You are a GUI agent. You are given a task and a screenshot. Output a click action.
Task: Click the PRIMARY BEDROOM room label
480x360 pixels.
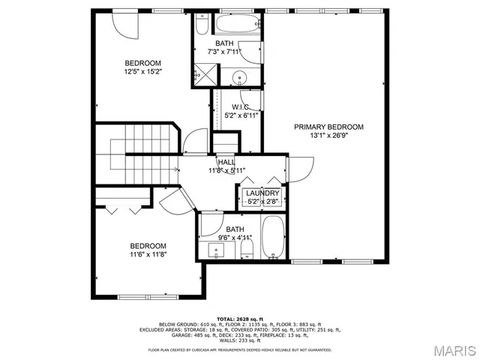[328, 127]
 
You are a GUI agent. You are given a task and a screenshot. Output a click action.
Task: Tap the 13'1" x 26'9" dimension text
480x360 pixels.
[328, 136]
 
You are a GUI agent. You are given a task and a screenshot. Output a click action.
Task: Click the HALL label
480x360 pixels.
[226, 162]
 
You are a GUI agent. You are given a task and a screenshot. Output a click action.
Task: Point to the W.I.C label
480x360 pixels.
[240, 106]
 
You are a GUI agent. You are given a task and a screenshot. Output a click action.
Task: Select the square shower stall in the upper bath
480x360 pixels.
[201, 74]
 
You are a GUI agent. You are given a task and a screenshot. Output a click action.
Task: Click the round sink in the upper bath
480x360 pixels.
[240, 76]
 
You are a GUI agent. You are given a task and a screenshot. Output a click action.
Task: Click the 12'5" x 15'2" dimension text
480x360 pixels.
[142, 72]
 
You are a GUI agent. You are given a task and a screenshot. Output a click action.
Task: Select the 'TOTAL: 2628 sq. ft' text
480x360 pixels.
[240, 319]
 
